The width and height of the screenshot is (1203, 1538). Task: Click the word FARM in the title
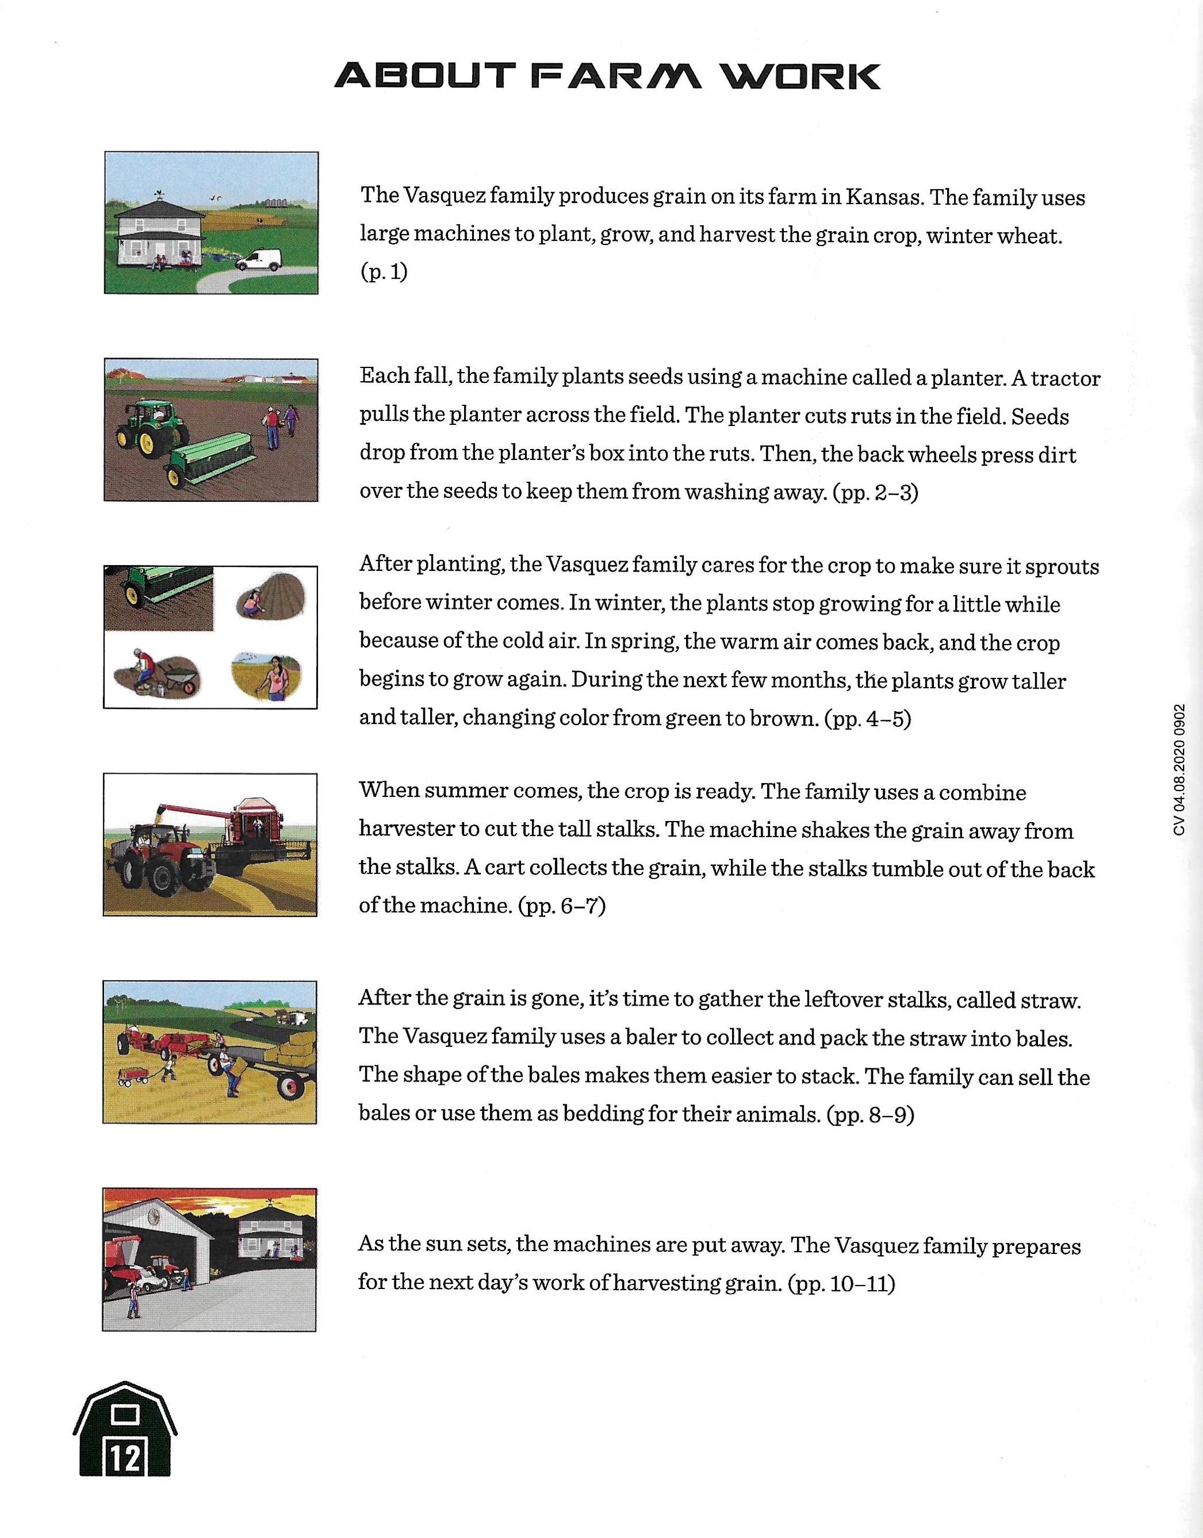617,76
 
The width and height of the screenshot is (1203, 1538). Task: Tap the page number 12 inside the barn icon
125,1459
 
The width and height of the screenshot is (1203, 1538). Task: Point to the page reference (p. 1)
384,273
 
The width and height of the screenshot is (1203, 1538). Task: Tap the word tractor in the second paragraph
1064,378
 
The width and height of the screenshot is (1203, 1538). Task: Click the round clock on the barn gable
154,1216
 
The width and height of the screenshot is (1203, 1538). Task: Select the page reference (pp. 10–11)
842,1284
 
